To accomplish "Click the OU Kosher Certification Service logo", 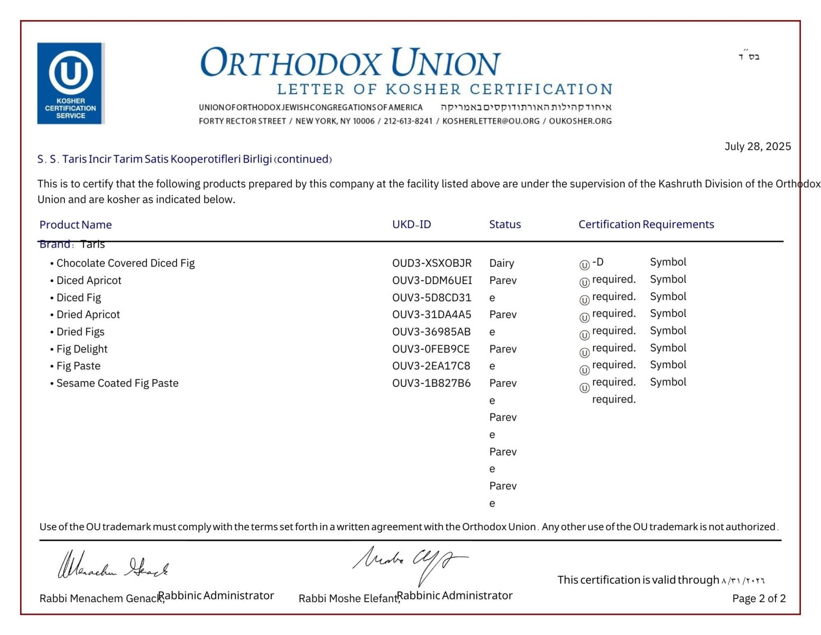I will pos(70,83).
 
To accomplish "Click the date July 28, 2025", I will pos(757,147).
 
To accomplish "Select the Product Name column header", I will pos(76,225).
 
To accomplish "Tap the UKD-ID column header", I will pos(411,224).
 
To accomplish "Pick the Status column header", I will pos(504,224).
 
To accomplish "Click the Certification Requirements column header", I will pos(645,224).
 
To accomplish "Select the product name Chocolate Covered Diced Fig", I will pos(125,263).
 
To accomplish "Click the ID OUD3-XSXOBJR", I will pos(431,263).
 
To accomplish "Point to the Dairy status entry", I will pos(501,263).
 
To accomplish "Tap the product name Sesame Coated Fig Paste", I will pos(117,383).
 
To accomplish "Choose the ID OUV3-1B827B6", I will pos(431,383).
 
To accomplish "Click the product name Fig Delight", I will pos(82,349).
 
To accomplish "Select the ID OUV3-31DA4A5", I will pos(431,314).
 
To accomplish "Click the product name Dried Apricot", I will pos(88,314).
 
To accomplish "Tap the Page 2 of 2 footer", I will pos(758,598).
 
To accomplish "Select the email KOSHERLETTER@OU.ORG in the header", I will pos(491,121).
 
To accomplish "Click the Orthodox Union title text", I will pos(350,62).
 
